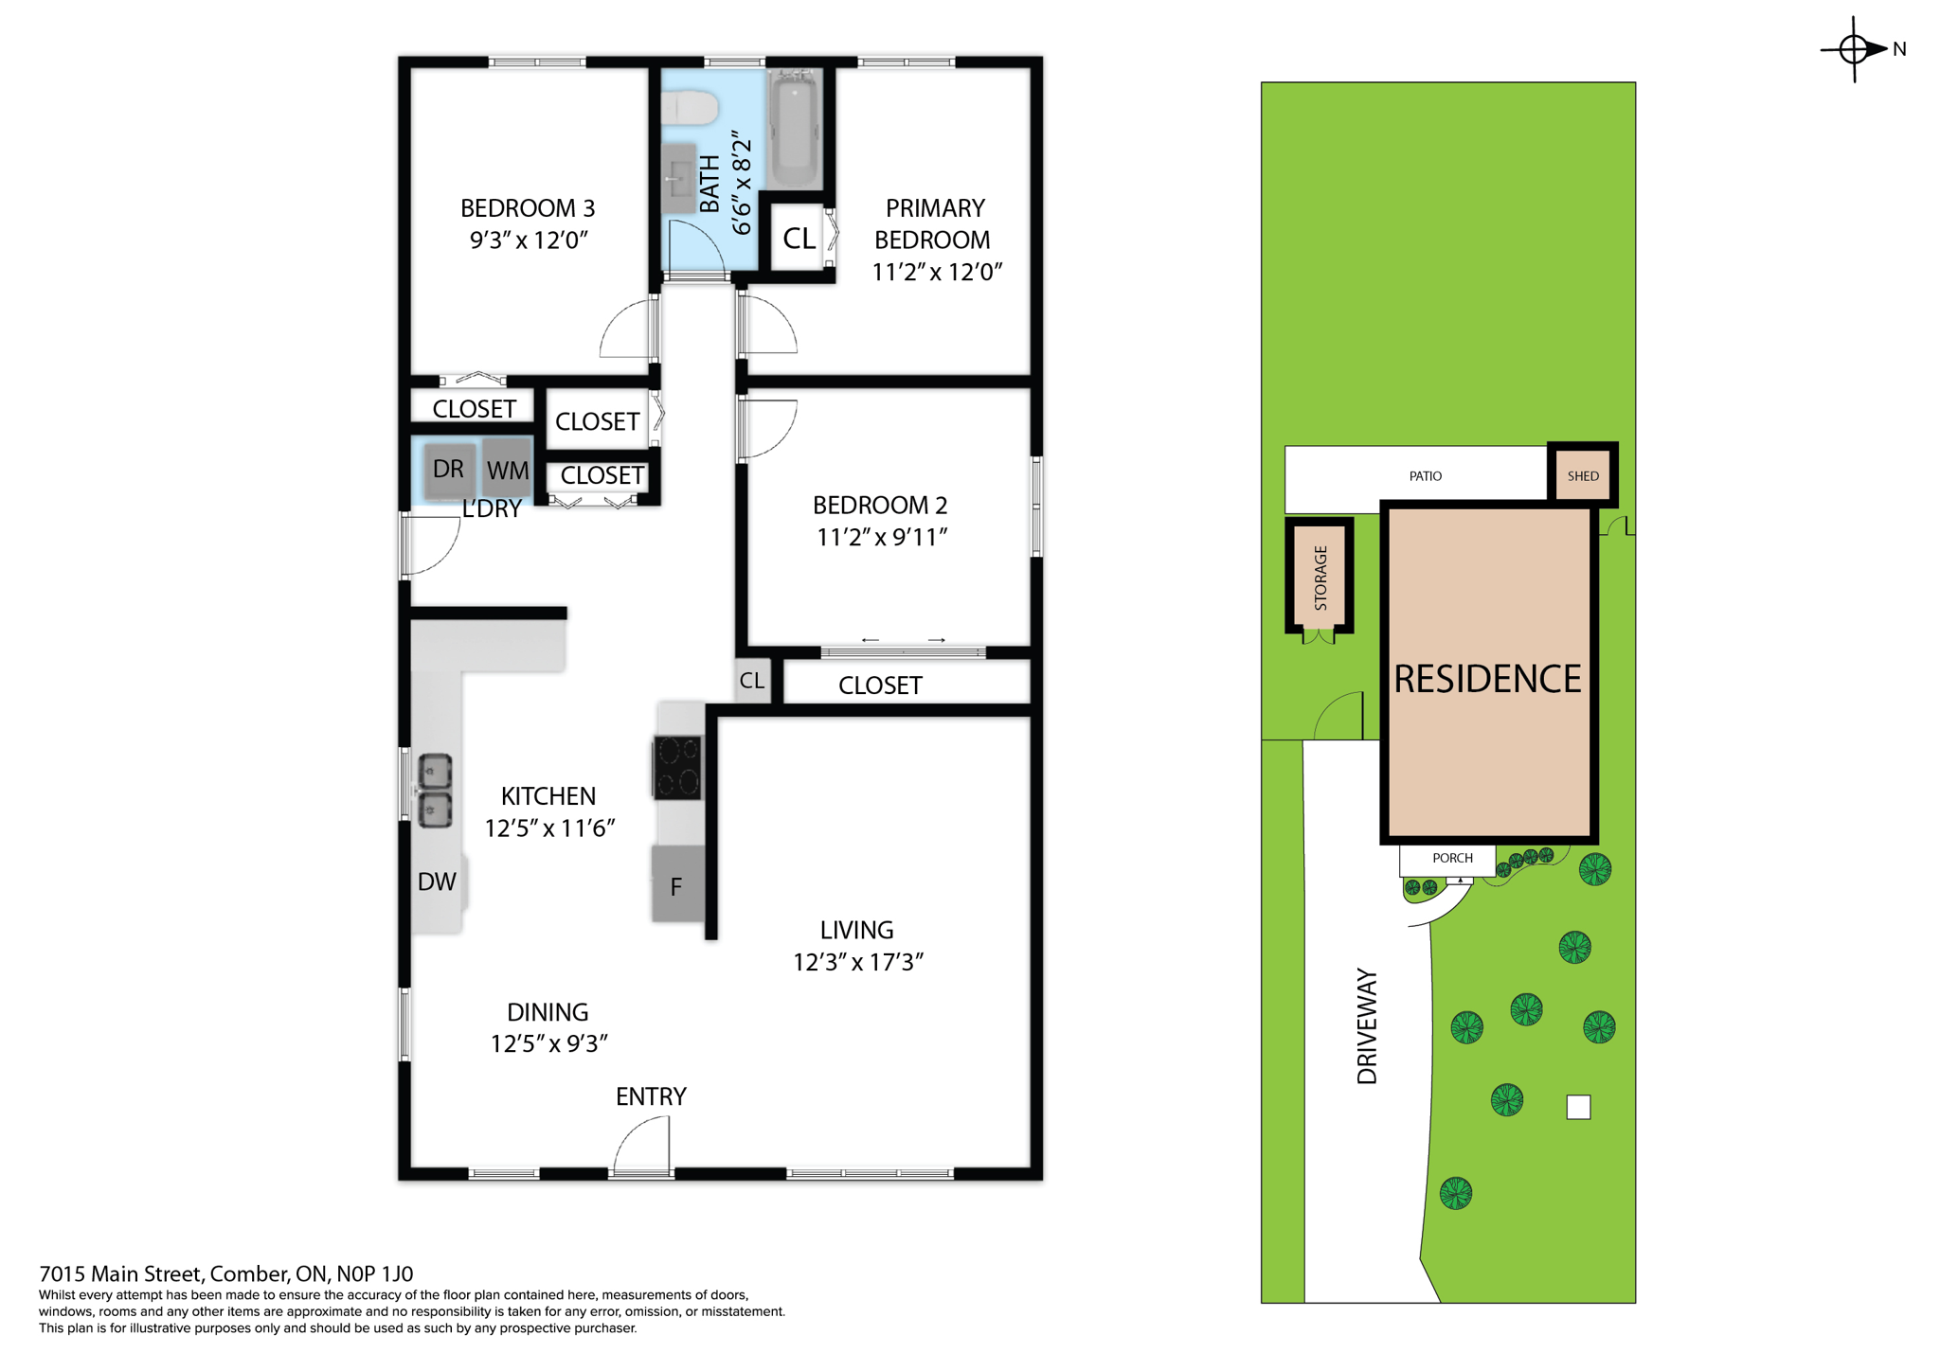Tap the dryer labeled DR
448,469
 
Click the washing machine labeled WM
508,469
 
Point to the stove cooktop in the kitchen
678,767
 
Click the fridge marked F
677,885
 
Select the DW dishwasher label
437,881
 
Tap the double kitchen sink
435,791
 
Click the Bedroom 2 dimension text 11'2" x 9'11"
882,537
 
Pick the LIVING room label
856,930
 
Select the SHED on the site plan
1582,475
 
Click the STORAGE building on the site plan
1320,577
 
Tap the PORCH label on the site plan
1451,858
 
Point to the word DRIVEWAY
1367,1025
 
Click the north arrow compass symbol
1855,48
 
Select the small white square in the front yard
1578,1106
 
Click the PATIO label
1425,475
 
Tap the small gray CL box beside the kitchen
752,680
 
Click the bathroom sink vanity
678,178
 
